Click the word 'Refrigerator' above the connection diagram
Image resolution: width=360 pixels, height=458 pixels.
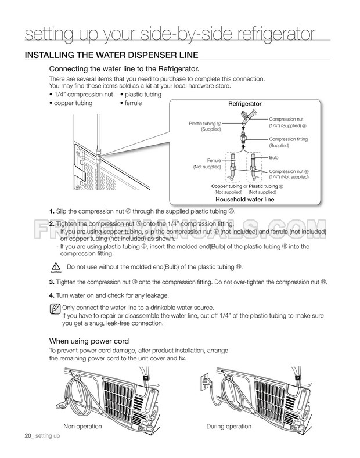point(244,104)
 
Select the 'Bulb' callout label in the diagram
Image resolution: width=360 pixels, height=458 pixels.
point(273,157)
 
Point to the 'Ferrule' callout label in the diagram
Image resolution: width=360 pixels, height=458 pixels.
point(214,160)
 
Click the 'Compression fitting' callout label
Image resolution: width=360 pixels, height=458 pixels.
point(288,139)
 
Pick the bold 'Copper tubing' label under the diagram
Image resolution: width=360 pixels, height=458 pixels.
point(226,186)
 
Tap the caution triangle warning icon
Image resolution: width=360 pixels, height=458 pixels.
point(56,267)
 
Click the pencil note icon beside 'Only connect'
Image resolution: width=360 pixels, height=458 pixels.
point(55,308)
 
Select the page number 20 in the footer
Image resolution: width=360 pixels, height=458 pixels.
point(28,436)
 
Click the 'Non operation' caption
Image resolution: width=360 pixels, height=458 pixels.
point(82,427)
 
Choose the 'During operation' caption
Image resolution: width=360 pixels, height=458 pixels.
point(229,427)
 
